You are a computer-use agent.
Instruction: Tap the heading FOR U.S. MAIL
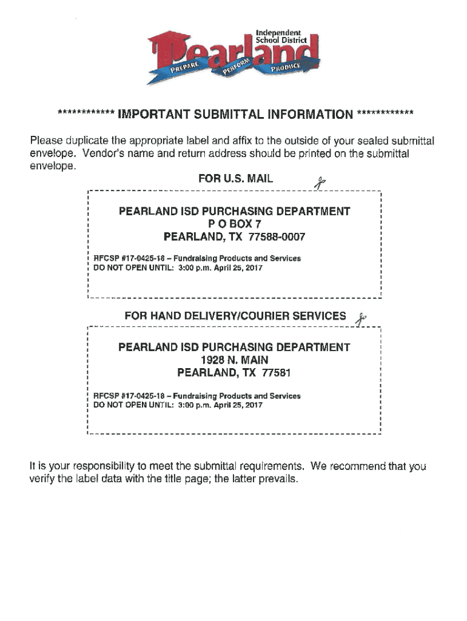[x=235, y=179]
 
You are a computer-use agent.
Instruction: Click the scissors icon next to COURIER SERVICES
[x=361, y=318]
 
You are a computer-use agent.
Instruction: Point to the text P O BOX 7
[x=234, y=224]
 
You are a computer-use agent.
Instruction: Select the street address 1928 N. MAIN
[x=234, y=360]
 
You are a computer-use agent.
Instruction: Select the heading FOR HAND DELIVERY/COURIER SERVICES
[x=235, y=316]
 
